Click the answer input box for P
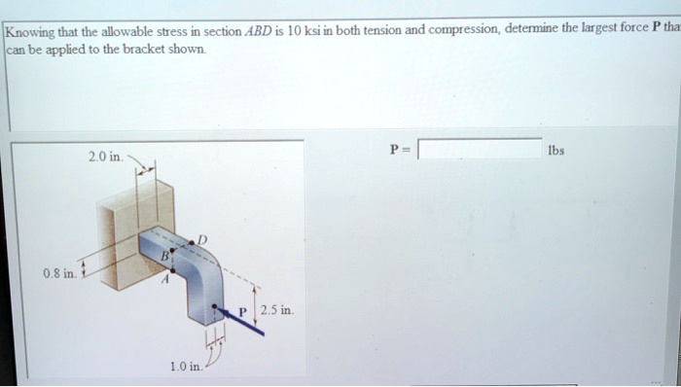tap(480, 150)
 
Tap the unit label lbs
tap(556, 151)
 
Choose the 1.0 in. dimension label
tap(186, 366)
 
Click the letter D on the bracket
tap(202, 238)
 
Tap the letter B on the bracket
tap(166, 256)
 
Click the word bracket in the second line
tap(130, 48)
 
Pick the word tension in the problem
tap(382, 31)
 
